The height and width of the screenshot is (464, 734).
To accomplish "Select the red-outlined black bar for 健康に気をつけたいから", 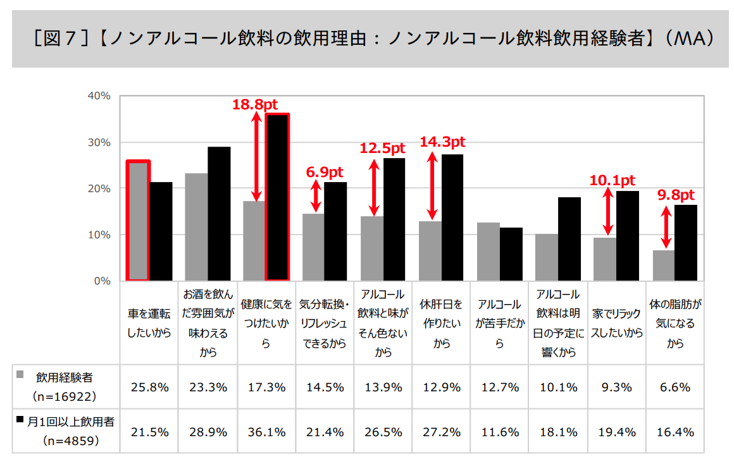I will [277, 197].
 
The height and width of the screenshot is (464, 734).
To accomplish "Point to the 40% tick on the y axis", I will [99, 96].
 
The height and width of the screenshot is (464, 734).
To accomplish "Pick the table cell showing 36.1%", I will [266, 432].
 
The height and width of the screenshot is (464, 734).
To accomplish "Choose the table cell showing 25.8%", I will [149, 388].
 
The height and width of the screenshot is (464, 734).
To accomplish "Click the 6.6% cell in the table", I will [675, 388].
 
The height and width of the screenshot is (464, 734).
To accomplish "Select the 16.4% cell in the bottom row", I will [675, 432].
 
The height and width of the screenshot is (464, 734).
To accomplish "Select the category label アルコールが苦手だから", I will [499, 324].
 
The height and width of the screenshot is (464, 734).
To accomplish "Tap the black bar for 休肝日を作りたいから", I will [452, 217].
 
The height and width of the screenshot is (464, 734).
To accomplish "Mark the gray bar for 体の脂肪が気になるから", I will [664, 266].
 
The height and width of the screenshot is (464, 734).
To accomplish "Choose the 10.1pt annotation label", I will [612, 181].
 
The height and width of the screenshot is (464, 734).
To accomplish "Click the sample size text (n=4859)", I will [70, 441].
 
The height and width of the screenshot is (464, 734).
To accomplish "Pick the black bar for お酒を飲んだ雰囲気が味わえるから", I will [219, 214].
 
